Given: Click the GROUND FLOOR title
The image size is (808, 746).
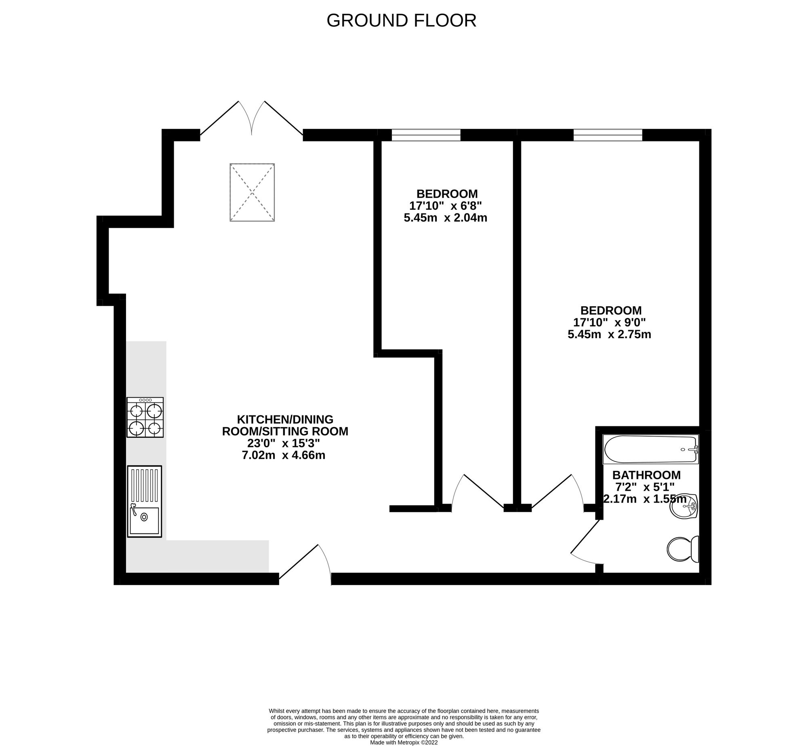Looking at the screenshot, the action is [401, 21].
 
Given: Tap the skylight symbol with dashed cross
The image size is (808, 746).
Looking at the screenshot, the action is [252, 192].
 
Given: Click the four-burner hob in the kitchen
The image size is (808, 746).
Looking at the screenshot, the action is [145, 417].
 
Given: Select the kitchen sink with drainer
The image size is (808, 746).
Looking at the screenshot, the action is [145, 502].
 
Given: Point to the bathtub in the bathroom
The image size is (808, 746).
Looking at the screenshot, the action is [650, 449].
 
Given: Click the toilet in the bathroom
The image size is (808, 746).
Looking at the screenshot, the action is [683, 549].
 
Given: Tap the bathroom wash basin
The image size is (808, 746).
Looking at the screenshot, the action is [684, 505].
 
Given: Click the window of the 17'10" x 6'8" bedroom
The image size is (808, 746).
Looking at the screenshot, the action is [426, 135].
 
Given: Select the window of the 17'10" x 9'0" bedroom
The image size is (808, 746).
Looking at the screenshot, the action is [608, 135].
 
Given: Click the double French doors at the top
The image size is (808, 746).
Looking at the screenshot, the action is [252, 118].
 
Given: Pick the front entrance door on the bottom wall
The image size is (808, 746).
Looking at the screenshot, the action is [305, 565].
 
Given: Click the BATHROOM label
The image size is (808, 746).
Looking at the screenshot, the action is [646, 475].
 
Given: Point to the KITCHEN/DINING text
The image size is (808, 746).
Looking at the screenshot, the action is [285, 419].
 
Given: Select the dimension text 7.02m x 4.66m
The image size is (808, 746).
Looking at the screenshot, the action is [284, 455].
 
